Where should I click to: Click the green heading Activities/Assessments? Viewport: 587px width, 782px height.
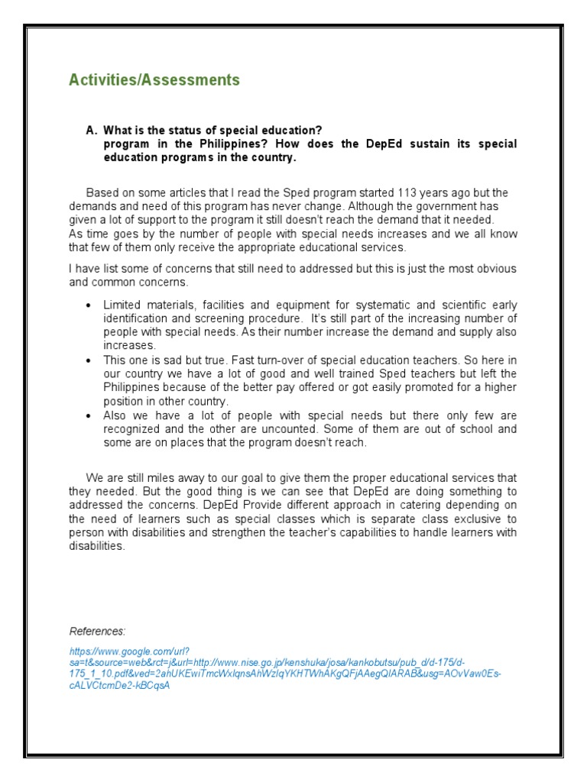point(154,80)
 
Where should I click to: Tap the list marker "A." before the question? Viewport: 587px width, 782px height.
point(92,131)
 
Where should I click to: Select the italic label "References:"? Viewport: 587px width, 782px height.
point(97,631)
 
